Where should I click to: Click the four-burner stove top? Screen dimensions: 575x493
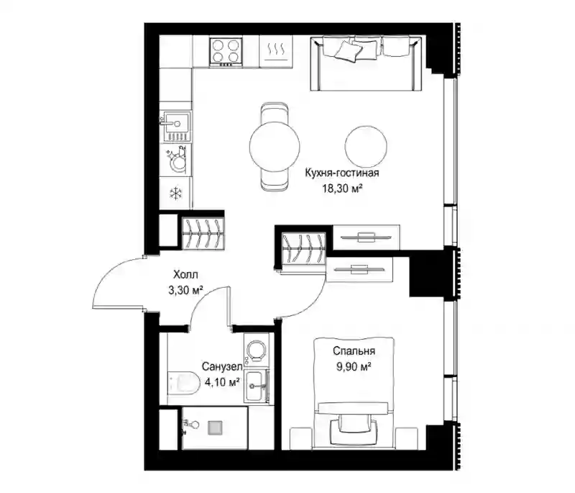[x=226, y=52]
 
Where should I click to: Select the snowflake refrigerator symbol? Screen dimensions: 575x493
[x=176, y=193]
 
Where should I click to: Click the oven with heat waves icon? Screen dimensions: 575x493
[x=276, y=52]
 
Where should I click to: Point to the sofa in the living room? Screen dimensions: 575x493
[x=366, y=63]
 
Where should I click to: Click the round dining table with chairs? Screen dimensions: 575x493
[x=275, y=146]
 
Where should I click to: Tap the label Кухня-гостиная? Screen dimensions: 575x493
[x=342, y=173]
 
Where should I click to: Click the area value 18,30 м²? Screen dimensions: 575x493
[x=343, y=189]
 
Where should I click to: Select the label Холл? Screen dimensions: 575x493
[x=185, y=275]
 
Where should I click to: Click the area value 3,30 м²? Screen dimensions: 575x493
[x=185, y=290]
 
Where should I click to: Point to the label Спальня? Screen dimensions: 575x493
[x=354, y=351]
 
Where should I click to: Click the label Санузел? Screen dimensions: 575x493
[x=222, y=366]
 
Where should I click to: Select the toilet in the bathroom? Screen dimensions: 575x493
[x=183, y=383]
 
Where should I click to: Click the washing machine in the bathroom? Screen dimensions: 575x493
[x=257, y=349]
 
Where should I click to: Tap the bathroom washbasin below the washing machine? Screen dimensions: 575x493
[x=257, y=386]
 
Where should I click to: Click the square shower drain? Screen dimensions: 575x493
[x=214, y=428]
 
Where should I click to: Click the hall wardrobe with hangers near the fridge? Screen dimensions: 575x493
[x=203, y=233]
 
